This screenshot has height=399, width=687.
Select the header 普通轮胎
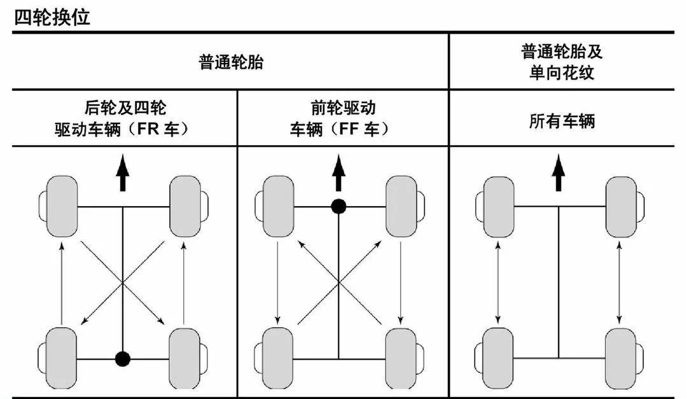(230, 62)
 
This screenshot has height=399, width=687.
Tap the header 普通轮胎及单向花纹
(562, 62)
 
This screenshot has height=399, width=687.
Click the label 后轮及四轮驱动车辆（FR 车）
(125, 118)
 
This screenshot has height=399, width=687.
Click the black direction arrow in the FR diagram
(123, 175)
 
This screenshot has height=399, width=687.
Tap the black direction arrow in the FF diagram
(339, 174)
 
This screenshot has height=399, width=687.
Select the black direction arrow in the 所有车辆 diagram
(559, 174)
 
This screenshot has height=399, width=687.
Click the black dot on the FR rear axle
(123, 359)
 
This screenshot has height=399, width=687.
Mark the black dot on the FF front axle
(339, 206)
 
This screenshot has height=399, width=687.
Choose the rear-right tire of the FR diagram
(186, 358)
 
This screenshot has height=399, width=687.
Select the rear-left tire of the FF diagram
(277, 358)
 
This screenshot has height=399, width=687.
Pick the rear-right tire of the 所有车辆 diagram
(620, 358)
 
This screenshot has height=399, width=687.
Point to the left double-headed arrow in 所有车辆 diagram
(498, 282)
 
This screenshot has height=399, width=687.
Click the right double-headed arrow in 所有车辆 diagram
(620, 282)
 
